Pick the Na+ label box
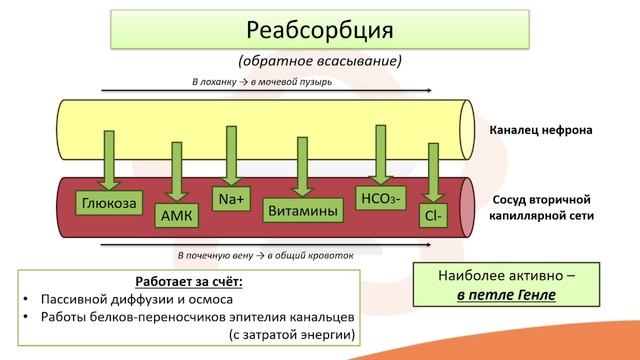(x=233, y=197)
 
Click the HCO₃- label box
(x=380, y=197)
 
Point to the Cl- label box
(x=434, y=213)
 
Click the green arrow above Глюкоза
(x=107, y=160)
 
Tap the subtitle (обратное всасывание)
(x=320, y=61)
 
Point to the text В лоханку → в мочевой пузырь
(x=262, y=83)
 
